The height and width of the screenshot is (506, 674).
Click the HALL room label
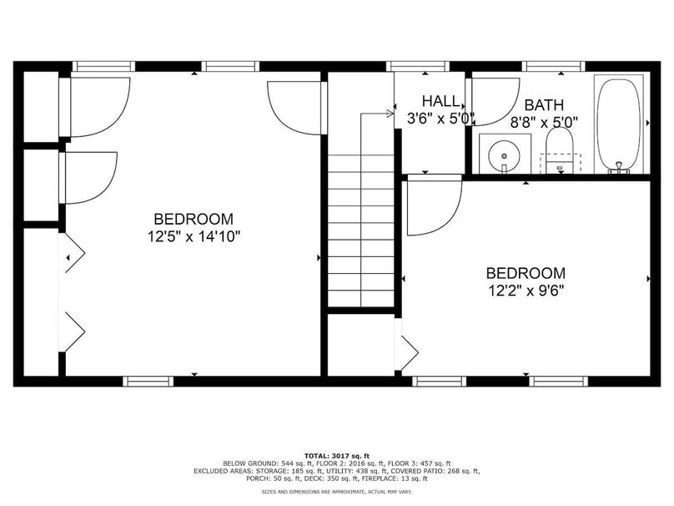point(440,101)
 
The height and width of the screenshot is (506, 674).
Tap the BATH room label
point(544,104)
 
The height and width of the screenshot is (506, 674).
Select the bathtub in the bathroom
point(620,124)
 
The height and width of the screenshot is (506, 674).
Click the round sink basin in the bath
point(504,155)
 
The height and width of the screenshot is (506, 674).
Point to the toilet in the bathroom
point(559,150)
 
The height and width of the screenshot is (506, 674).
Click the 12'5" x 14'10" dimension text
point(194,236)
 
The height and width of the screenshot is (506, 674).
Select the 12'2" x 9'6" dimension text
point(526,291)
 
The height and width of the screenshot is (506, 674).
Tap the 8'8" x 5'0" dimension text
point(544,123)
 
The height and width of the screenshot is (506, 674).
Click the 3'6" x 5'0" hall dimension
point(440,119)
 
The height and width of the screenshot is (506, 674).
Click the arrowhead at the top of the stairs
point(390,114)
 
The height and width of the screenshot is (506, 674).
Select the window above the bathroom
point(554,66)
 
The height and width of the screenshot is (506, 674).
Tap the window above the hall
point(418,66)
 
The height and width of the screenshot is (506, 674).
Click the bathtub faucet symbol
point(619,168)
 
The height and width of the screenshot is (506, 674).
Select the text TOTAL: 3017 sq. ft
point(337,456)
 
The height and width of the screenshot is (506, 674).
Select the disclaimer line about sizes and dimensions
point(337,492)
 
